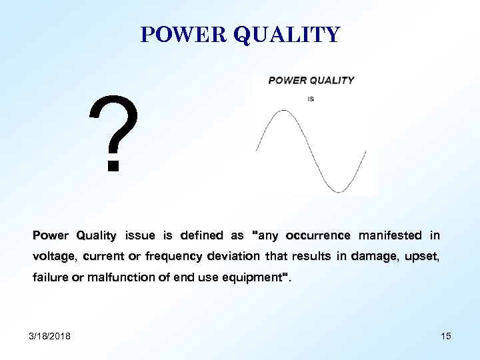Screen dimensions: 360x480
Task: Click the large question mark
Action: point(116,133)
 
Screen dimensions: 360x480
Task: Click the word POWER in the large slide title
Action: point(183,35)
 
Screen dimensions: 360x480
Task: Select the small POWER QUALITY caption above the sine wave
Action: point(311,81)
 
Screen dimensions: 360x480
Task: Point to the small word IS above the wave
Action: point(311,99)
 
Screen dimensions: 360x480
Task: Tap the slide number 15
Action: point(445,336)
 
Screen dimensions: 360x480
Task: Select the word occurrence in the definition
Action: point(318,235)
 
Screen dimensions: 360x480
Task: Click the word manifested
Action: point(391,235)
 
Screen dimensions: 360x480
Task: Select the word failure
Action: point(49,277)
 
